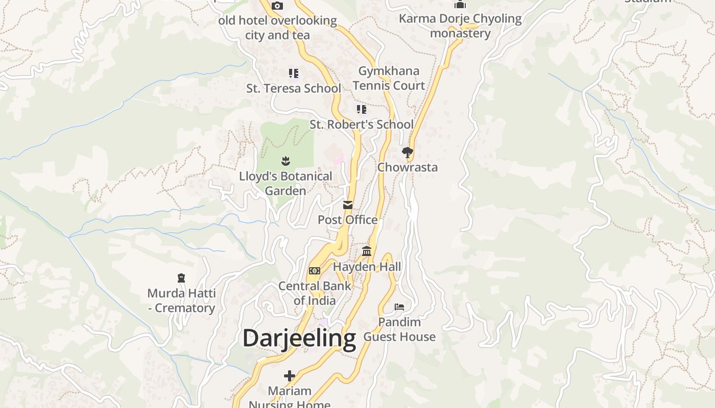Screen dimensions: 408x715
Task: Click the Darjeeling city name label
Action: [299, 338]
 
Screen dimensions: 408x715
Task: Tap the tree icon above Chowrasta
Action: [407, 152]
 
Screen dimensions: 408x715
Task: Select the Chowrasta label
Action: [407, 167]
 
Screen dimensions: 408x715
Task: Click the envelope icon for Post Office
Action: [348, 205]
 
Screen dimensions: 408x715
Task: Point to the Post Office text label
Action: [348, 220]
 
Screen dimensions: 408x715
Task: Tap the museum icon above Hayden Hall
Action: [367, 251]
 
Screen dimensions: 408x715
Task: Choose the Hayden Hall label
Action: [367, 267]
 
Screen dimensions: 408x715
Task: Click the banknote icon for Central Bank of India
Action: [315, 271]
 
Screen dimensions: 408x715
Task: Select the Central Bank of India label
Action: [315, 293]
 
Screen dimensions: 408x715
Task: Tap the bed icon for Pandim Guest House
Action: [399, 307]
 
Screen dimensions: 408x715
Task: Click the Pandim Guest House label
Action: [399, 329]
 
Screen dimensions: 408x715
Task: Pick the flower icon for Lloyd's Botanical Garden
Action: [285, 161]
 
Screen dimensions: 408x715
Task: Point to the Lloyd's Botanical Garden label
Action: [285, 183]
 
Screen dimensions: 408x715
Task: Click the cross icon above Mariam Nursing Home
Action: [290, 376]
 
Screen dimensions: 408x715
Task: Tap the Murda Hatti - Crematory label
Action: [181, 300]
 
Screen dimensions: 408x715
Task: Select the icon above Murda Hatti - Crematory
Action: [181, 278]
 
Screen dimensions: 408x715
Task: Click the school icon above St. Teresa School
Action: [293, 73]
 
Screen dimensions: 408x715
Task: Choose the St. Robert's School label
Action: [362, 124]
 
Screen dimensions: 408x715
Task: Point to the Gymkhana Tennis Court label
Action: [389, 78]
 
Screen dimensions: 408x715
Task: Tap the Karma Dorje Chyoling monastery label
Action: [460, 26]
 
